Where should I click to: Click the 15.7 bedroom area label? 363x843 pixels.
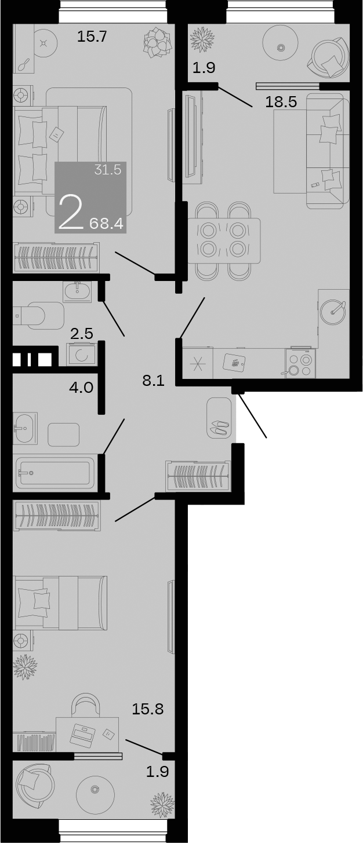click(92, 38)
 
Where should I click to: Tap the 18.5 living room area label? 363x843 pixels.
click(281, 103)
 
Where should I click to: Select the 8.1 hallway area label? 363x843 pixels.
click(154, 381)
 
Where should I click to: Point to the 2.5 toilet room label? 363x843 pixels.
click(82, 333)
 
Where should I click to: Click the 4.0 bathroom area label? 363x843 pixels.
click(81, 387)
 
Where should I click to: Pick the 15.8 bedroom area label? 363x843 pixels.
click(148, 709)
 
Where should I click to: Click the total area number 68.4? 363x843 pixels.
click(107, 224)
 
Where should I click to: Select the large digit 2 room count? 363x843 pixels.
click(71, 213)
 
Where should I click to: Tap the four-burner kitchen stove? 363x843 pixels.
click(300, 363)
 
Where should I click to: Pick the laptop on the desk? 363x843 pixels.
click(83, 734)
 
